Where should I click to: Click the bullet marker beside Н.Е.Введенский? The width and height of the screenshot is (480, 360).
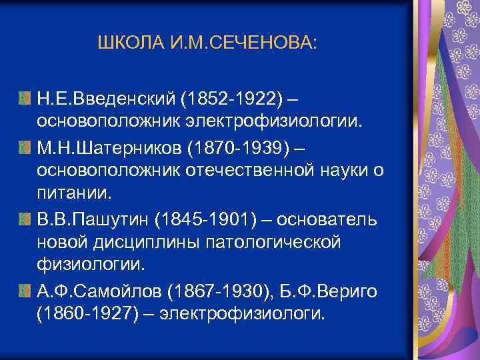pos(24,99)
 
